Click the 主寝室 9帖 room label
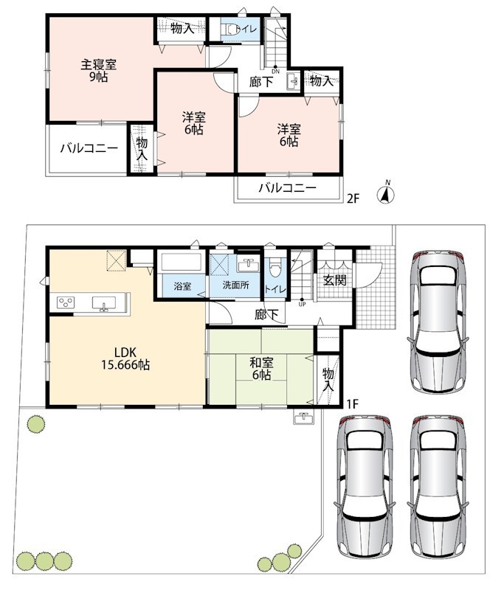99,70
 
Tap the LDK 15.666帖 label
125,358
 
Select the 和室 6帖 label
261,369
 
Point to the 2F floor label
353,198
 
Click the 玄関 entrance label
334,280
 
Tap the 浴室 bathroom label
182,286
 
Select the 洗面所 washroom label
235,285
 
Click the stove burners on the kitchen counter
66,302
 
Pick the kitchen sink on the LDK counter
104,303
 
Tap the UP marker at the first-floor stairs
302,305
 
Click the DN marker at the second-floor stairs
276,71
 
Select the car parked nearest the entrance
438,322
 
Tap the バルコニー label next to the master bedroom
89,148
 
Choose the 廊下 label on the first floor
266,315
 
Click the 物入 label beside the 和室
328,380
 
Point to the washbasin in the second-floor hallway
293,82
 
